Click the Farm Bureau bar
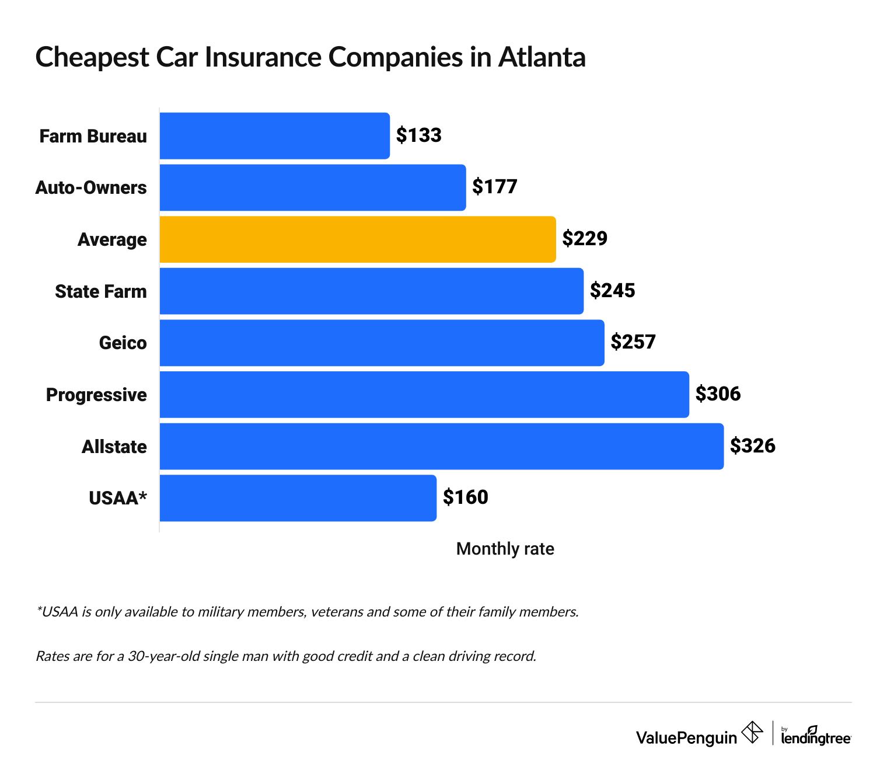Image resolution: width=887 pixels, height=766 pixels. pyautogui.click(x=274, y=136)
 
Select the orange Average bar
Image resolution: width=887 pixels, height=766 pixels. pyautogui.click(x=357, y=239)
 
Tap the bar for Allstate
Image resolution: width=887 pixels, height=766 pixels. pyautogui.click(x=441, y=447)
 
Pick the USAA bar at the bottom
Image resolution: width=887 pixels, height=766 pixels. pyautogui.click(x=298, y=498)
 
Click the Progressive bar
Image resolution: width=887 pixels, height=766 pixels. pyautogui.click(x=424, y=395)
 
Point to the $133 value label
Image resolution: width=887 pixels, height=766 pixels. pyautogui.click(x=418, y=135)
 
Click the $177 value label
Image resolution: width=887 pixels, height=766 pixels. pyautogui.click(x=494, y=187)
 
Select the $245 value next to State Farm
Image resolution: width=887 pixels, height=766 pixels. pyautogui.click(x=612, y=291)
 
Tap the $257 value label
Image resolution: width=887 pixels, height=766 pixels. pyautogui.click(x=633, y=342)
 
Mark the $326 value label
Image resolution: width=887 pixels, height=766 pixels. pyautogui.click(x=752, y=446)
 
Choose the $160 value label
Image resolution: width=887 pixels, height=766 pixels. pyautogui.click(x=465, y=497)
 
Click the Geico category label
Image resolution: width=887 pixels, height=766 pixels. pyautogui.click(x=123, y=343)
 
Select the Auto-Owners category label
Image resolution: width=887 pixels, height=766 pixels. pyautogui.click(x=91, y=187)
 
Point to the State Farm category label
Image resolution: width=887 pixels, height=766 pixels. pyautogui.click(x=100, y=291)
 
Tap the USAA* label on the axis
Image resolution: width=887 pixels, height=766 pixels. pyautogui.click(x=117, y=498)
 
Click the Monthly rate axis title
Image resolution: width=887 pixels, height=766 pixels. pyautogui.click(x=505, y=549)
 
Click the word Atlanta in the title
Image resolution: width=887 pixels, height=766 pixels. pyautogui.click(x=542, y=57)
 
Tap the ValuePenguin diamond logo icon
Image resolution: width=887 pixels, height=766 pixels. pyautogui.click(x=752, y=732)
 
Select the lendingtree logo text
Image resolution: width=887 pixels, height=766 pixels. pyautogui.click(x=816, y=738)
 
